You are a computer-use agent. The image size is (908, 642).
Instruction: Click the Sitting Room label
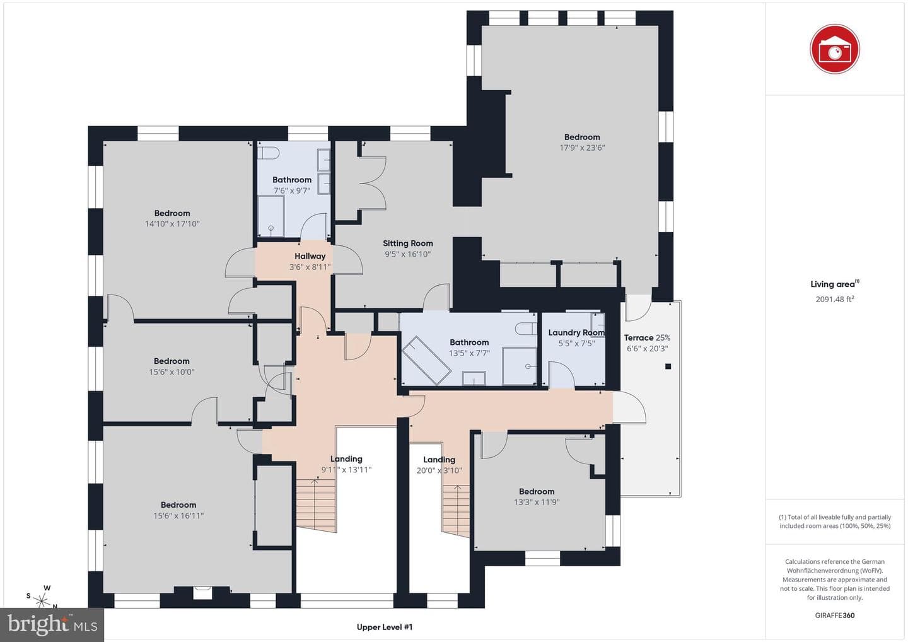408,243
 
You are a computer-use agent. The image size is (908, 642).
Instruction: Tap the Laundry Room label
576,333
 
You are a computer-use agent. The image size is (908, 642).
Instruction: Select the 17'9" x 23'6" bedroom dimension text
582,148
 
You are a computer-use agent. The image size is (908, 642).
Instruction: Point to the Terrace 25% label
647,337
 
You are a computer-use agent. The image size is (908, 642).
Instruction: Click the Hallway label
310,256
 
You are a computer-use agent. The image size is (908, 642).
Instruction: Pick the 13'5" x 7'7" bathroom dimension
469,353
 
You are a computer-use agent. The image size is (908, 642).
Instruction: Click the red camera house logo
835,49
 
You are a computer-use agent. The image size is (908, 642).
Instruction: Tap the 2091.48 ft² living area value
835,299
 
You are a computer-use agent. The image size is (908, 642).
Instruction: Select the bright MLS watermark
52,624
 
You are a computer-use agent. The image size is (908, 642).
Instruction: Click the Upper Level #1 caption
385,627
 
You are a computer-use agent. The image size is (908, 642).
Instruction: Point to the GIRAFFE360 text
835,616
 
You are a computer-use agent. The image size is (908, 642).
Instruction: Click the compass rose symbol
42,598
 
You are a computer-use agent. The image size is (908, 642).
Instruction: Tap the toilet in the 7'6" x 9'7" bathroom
269,153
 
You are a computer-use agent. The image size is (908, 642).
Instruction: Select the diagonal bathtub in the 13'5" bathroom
426,360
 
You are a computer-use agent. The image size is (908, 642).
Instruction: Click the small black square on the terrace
668,366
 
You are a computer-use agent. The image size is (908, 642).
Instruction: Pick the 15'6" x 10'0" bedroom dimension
172,372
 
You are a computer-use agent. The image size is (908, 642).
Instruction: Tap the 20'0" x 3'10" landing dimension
439,470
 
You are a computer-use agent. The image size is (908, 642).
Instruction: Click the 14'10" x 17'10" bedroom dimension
172,224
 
